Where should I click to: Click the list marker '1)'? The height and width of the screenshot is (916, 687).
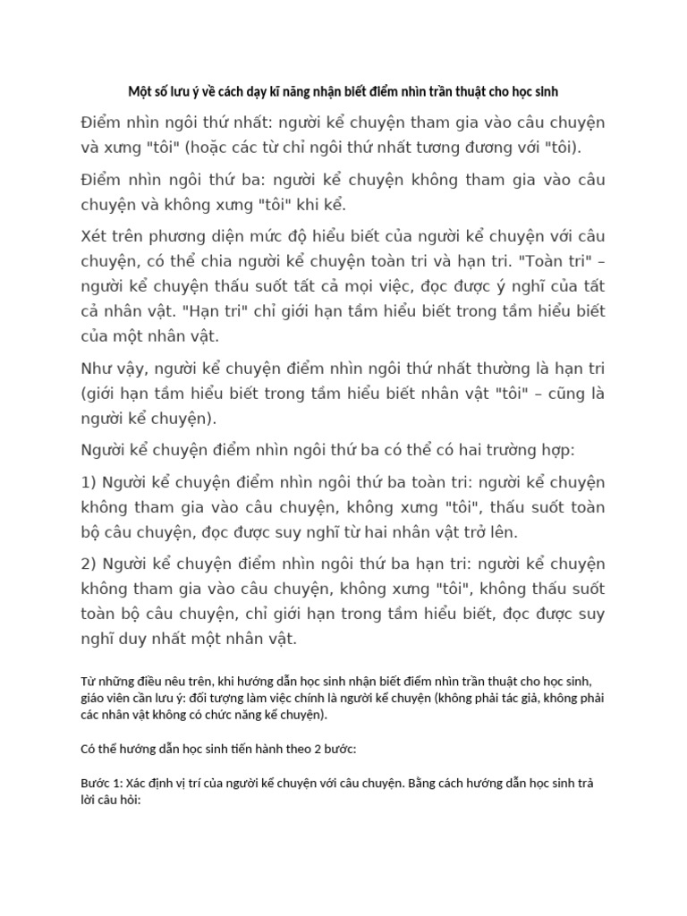[x=89, y=482]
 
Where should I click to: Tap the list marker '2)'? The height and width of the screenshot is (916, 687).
[x=89, y=564]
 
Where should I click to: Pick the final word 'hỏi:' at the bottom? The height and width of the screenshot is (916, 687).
[x=125, y=800]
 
